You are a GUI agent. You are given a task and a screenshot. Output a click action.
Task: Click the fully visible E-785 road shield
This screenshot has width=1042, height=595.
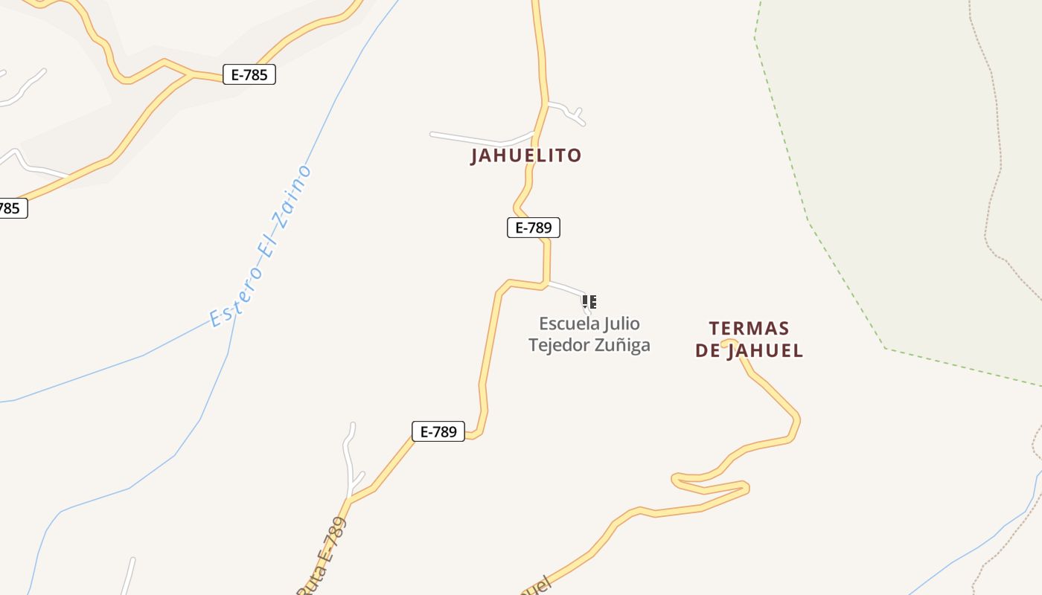pyautogui.click(x=249, y=74)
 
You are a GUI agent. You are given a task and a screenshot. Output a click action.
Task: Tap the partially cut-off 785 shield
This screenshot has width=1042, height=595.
pyautogui.click(x=10, y=208)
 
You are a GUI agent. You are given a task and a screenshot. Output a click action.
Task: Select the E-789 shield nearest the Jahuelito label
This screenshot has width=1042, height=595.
pyautogui.click(x=533, y=228)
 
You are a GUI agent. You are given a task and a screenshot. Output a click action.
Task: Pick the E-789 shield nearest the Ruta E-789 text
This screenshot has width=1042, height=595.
pyautogui.click(x=438, y=431)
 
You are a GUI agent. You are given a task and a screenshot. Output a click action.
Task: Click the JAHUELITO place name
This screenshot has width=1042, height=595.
pyautogui.click(x=526, y=155)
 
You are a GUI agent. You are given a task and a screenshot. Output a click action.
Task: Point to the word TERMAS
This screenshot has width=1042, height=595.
pyautogui.click(x=749, y=329)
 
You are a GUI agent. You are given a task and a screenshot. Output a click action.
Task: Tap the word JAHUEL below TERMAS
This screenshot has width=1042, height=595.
pyautogui.click(x=765, y=350)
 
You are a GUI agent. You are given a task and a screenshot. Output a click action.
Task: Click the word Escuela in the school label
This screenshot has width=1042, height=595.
pyautogui.click(x=569, y=324)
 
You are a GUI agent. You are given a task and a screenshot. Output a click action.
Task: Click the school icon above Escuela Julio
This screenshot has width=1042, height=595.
pyautogui.click(x=589, y=302)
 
